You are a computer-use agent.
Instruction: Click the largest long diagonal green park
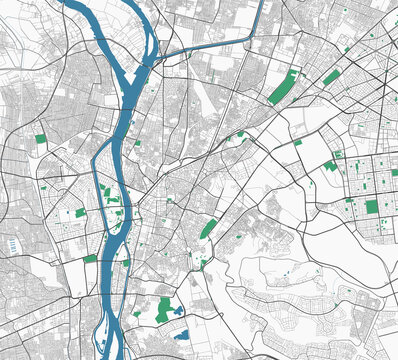(x=284, y=87)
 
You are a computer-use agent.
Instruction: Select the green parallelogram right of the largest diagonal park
(x=331, y=77)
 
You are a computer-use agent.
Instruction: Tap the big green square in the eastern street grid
(x=372, y=207)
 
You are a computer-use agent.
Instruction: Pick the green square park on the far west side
(x=41, y=140)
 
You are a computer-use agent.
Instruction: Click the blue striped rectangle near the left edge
(x=12, y=243)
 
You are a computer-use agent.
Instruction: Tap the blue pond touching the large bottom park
(x=179, y=311)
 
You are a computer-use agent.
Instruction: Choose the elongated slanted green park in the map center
(x=209, y=228)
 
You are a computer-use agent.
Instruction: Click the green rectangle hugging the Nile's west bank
(x=91, y=259)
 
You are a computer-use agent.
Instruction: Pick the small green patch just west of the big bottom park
(x=137, y=312)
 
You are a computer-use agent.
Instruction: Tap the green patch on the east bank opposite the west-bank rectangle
(x=126, y=262)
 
